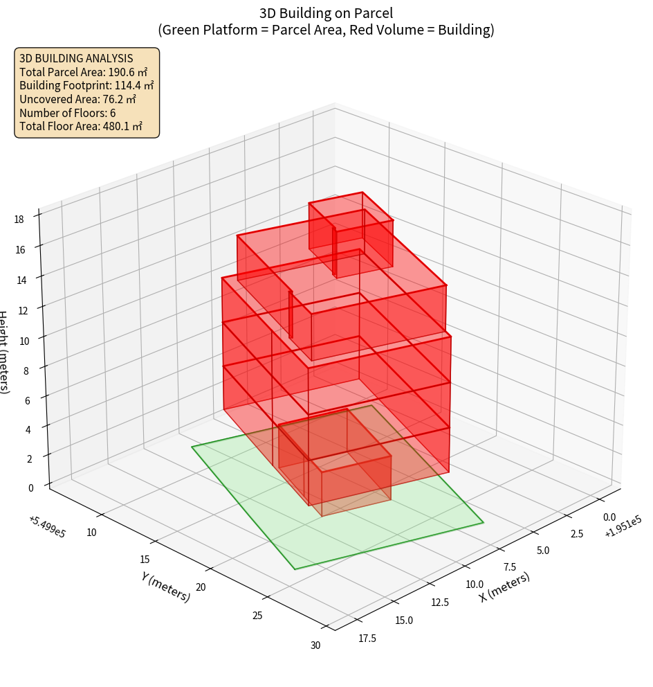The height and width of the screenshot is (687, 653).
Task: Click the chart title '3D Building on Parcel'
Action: click(x=326, y=12)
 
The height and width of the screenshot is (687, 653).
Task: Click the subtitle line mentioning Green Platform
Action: click(x=326, y=30)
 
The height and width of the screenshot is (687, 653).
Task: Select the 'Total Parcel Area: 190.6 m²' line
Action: click(x=84, y=71)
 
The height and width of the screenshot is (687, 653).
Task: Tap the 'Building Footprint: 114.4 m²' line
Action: click(x=86, y=85)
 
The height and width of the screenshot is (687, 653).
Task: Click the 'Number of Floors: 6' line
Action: click(x=68, y=113)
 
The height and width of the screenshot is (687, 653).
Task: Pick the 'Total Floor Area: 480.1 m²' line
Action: click(x=81, y=127)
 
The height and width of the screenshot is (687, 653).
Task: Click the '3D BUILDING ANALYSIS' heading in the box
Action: click(x=76, y=58)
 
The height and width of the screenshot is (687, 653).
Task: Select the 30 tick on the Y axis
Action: click(x=316, y=645)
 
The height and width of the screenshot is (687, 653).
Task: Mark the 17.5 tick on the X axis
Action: click(x=367, y=638)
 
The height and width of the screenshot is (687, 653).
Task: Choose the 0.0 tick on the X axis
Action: click(x=609, y=517)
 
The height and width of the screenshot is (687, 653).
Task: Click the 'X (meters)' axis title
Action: click(x=504, y=587)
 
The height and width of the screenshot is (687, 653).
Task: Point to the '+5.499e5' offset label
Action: click(x=47, y=527)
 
